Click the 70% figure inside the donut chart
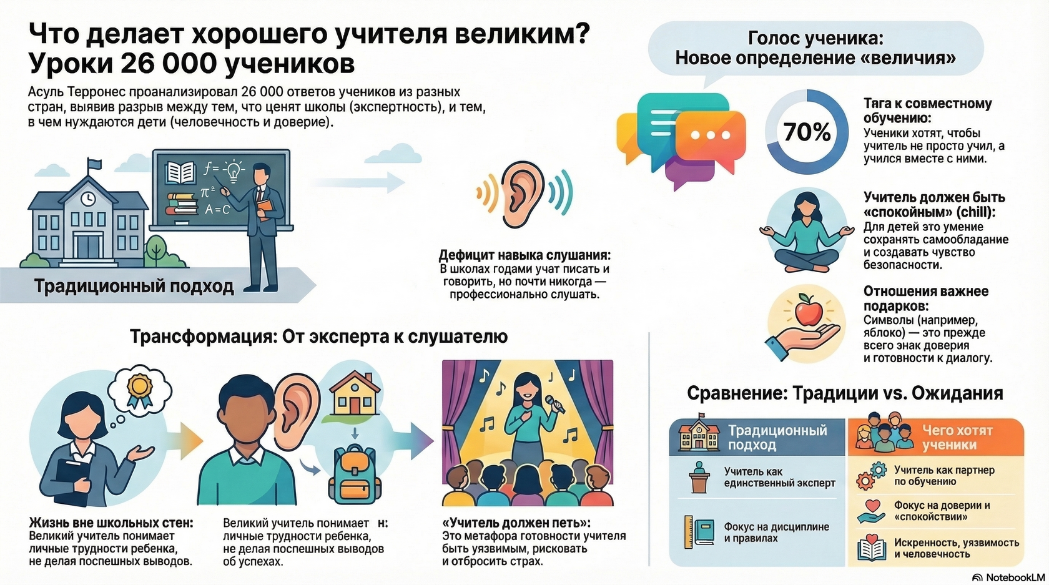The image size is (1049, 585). click(807, 132)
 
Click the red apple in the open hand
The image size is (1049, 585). click(806, 310)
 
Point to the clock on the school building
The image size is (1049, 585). click(88, 198)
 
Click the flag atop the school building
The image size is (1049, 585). click(94, 164)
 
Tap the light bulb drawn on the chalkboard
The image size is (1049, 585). click(234, 169)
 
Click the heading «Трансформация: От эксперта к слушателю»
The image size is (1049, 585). click(318, 337)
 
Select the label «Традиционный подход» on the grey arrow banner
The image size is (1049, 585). click(134, 287)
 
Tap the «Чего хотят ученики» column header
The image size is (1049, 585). click(957, 437)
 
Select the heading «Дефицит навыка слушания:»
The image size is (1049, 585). click(524, 255)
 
